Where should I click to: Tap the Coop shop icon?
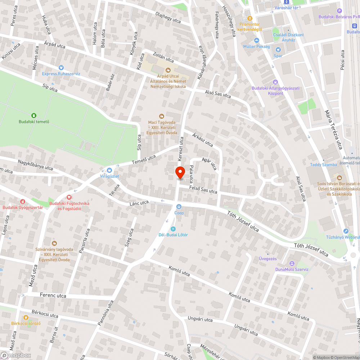pyautogui.click(x=179, y=207)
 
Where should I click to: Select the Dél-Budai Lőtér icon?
pyautogui.click(x=173, y=229)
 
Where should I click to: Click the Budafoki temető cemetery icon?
pyautogui.click(x=34, y=116)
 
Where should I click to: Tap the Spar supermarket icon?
pyautogui.click(x=278, y=50)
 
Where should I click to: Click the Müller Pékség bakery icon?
pyautogui.click(x=256, y=41)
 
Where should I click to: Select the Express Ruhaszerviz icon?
pyautogui.click(x=61, y=68)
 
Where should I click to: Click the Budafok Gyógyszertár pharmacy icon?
pyautogui.click(x=23, y=202)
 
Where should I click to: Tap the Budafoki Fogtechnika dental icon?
pyautogui.click(x=69, y=197)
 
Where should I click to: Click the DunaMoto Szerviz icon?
pyautogui.click(x=292, y=264)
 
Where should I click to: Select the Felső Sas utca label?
pyautogui.click(x=203, y=189)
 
